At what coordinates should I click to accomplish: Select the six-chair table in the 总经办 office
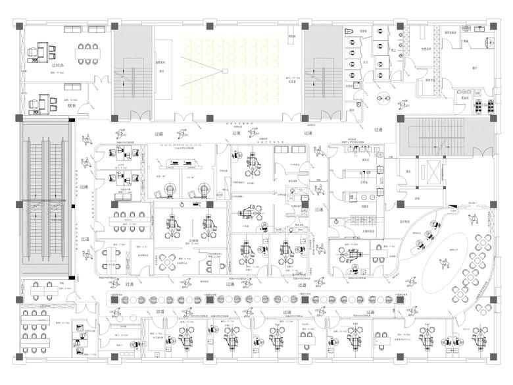tap(87, 52)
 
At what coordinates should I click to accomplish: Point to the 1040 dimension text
tap(299, 272)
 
